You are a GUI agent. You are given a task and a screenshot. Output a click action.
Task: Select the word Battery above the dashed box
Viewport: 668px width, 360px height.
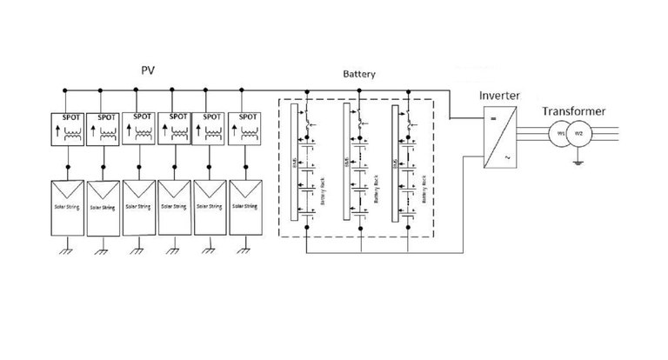pos(358,76)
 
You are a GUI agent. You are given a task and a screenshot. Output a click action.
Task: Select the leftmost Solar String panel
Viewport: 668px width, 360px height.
pos(67,207)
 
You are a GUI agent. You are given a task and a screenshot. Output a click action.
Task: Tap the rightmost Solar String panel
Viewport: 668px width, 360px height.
pos(245,207)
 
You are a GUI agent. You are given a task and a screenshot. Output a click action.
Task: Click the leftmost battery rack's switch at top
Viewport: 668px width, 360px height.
pos(305,113)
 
